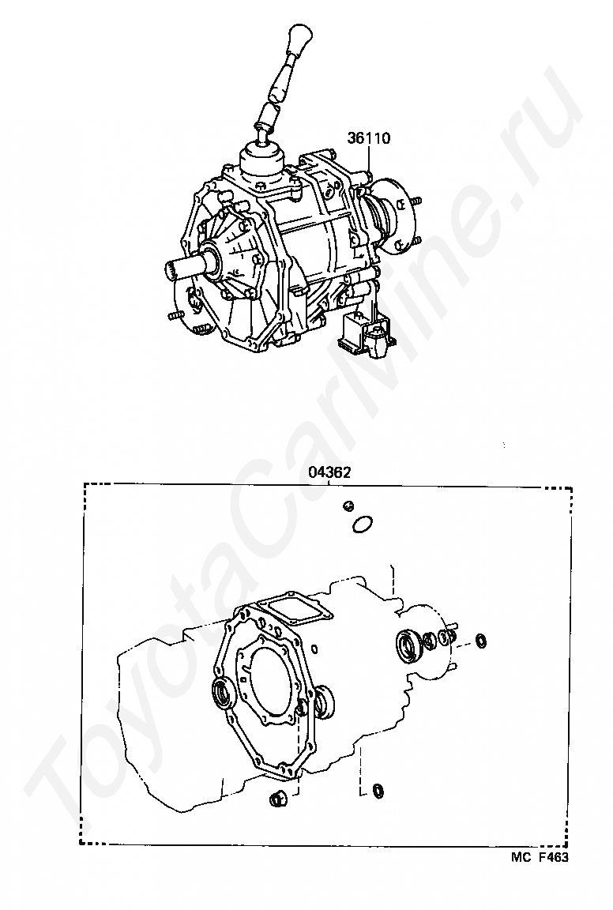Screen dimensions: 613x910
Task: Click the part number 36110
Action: coord(369,138)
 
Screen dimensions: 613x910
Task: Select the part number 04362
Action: coord(329,472)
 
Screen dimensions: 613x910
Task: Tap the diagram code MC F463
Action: coord(540,856)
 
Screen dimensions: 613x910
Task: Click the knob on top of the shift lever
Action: coord(301,39)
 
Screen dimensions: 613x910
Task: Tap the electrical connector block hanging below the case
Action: coord(367,336)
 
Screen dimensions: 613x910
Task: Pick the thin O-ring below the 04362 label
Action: coord(362,524)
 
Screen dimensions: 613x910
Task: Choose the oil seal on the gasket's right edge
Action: coord(325,701)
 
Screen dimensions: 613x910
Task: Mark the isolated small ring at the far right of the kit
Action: coord(481,641)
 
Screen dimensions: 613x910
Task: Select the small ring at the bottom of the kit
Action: coord(378,790)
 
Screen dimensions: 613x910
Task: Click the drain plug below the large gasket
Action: coord(277,799)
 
